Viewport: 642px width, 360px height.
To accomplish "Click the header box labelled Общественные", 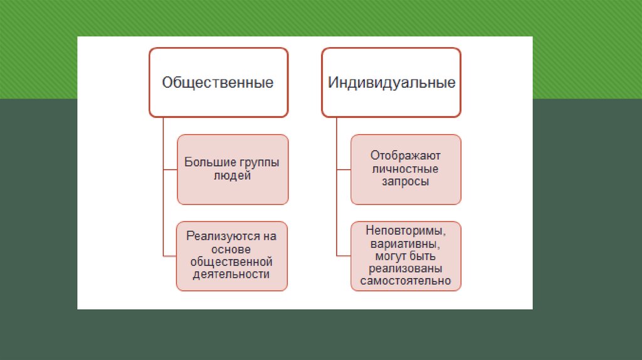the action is (x=218, y=82).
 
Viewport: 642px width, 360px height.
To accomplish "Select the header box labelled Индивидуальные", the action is (x=392, y=82).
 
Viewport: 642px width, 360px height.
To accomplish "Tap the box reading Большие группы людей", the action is (x=233, y=169).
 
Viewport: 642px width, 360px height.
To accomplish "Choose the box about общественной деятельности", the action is (x=233, y=255).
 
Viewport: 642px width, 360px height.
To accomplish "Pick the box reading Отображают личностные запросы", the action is (x=406, y=169).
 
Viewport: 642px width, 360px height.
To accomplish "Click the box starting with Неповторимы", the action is (x=406, y=255).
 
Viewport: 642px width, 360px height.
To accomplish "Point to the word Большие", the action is (x=205, y=162).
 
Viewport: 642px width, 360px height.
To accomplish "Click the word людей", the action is (x=232, y=176).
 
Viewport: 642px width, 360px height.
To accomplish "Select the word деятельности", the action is (x=233, y=274).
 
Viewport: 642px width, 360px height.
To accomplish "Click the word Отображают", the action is (x=406, y=155).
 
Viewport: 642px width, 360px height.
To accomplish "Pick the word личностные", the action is (x=406, y=169).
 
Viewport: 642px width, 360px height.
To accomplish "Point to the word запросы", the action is (x=406, y=182).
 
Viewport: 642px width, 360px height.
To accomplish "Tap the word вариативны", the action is (x=406, y=243).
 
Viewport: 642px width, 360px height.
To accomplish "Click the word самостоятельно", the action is (x=406, y=281).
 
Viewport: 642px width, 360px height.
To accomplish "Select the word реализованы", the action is (x=406, y=268).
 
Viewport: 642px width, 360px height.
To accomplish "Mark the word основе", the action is (x=232, y=249).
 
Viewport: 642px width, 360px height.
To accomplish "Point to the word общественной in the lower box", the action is (x=233, y=262).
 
